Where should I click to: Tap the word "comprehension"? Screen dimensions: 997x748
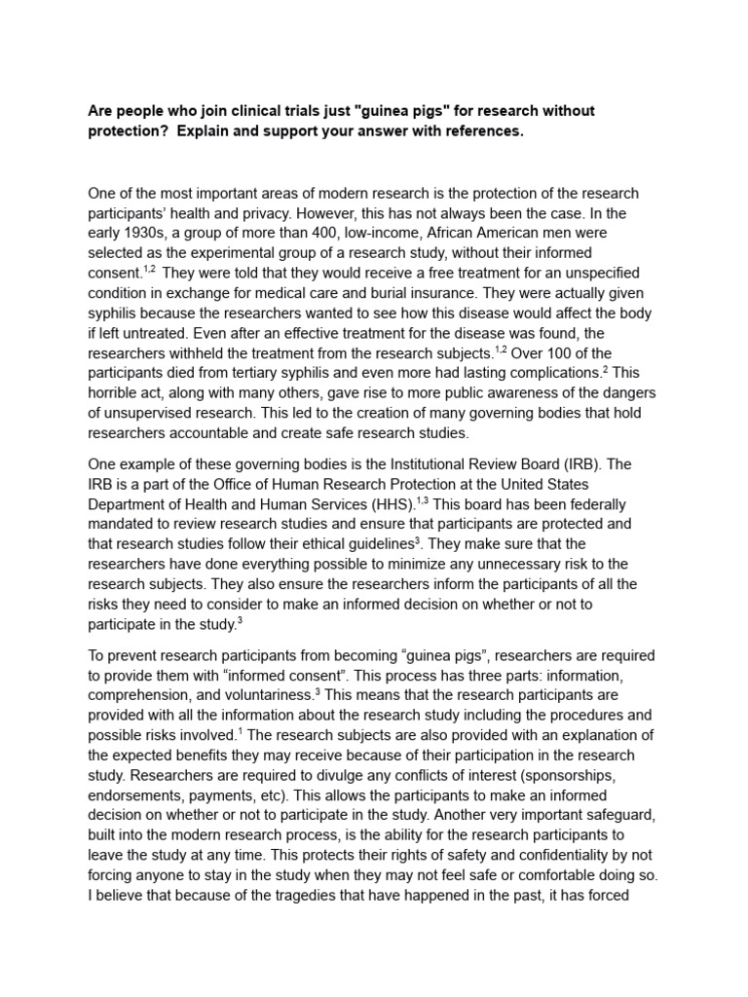[x=147, y=693]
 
